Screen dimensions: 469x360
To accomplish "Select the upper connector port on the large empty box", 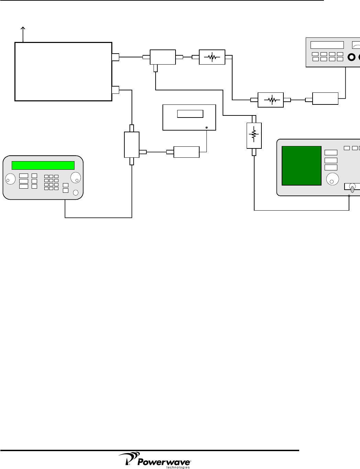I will coord(115,57).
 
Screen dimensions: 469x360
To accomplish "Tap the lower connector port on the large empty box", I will coord(115,90).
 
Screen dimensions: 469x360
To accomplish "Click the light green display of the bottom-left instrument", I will coord(43,165).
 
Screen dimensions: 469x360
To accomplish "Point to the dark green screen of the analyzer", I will coord(302,166).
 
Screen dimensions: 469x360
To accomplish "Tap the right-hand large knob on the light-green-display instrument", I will coord(76,178).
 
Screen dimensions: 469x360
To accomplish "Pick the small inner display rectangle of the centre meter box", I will coord(190,114).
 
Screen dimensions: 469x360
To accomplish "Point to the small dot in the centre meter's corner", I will coord(206,127).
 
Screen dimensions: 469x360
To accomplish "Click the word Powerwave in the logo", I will coord(164,462).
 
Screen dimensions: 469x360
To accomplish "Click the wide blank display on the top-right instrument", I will coord(327,45).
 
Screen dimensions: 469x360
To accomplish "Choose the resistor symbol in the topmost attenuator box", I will coord(212,57).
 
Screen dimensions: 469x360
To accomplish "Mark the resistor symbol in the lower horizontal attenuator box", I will coord(271,100).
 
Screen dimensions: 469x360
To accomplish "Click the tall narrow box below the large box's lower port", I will coord(132,145).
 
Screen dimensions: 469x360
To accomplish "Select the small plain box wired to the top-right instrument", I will coord(325,99).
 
